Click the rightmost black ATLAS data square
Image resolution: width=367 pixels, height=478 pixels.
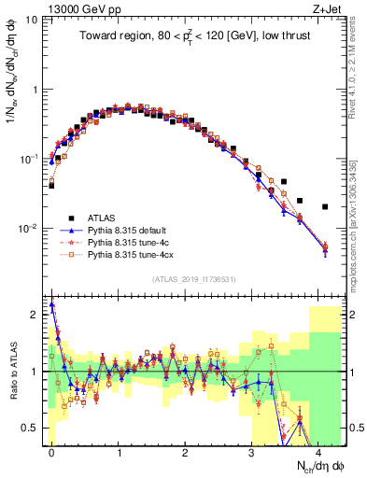point(325,206)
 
